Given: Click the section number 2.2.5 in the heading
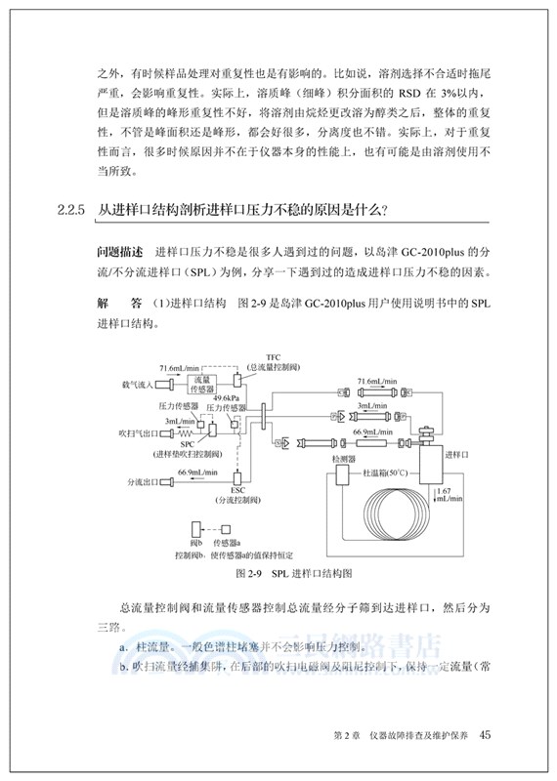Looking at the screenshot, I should [74, 209].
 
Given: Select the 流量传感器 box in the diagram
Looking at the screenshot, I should [203, 381].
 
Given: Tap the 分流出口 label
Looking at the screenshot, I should [143, 480].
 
